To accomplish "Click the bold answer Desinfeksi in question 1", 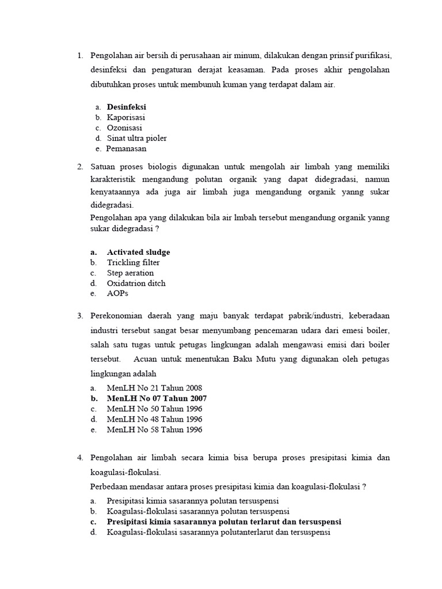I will [126, 107].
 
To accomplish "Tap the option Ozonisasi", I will [124, 128].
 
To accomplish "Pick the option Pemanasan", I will [126, 148].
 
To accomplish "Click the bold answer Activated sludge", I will [138, 252].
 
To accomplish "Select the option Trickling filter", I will [133, 262].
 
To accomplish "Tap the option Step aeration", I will [130, 273].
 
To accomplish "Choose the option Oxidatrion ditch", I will [136, 283].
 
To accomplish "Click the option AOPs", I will [117, 293].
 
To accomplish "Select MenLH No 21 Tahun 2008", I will [154, 388].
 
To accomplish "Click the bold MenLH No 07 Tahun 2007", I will [157, 398].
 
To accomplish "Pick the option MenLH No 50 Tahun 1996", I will [154, 408].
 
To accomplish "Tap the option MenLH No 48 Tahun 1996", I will [154, 419].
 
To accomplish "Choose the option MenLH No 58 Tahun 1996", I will [154, 429].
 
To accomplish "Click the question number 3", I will [79, 315].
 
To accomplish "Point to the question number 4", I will [79, 457].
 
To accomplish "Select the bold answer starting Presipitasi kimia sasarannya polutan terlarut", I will [224, 522].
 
